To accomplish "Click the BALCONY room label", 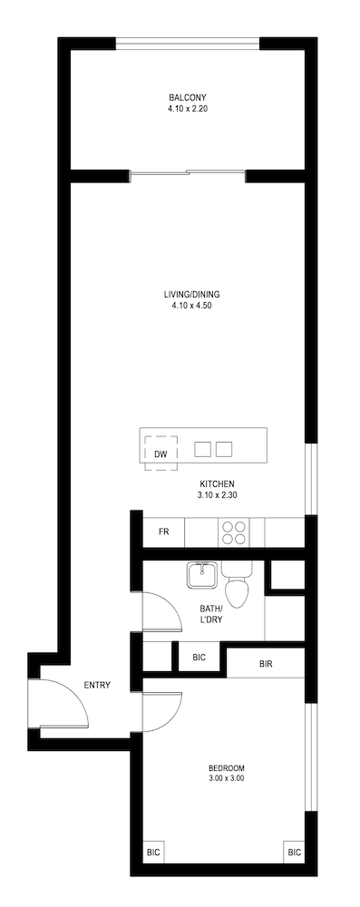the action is [x=188, y=97].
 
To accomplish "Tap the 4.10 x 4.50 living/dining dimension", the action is [x=188, y=306].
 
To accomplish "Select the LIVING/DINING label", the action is [x=188, y=294].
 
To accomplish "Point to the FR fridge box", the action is [x=164, y=532].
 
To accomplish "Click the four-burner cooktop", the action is [x=233, y=532].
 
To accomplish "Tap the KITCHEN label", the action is [x=217, y=483].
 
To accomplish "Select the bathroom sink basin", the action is [x=202, y=574].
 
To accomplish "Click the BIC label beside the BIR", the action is [x=199, y=658].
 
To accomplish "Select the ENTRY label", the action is [x=97, y=685].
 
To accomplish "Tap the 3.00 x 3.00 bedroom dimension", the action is [x=227, y=778].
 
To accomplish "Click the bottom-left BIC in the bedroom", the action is [x=153, y=852].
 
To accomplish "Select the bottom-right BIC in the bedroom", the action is [x=294, y=852].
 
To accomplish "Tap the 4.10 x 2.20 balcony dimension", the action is [x=188, y=108].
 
